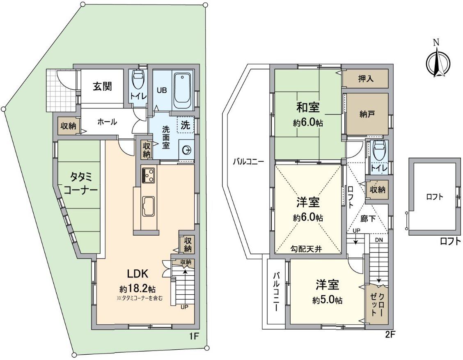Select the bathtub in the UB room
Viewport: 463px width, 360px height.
[x=182, y=89]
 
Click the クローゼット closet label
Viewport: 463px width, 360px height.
[x=376, y=305]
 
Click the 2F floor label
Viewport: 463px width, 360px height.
[x=390, y=335]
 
